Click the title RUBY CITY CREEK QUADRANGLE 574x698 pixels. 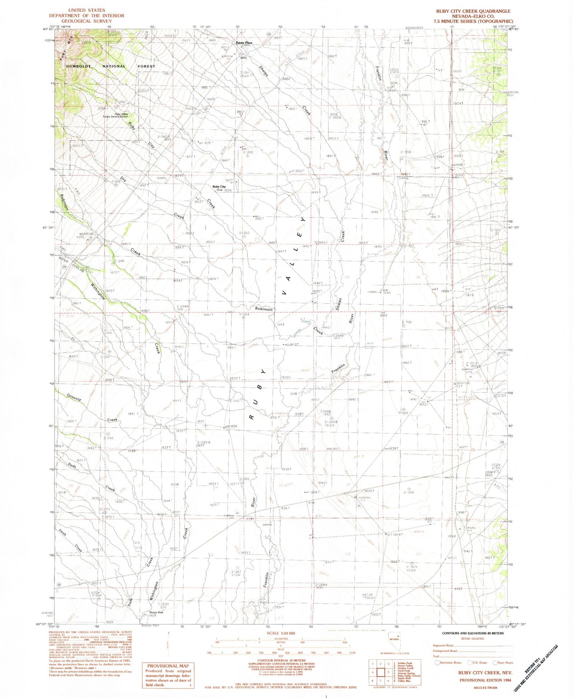[473, 11]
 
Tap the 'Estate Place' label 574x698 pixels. [244, 43]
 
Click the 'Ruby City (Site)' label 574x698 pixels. [219, 188]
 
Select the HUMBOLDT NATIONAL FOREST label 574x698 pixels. [111, 66]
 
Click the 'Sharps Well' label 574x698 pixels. [156, 612]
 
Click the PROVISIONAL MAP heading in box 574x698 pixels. [168, 666]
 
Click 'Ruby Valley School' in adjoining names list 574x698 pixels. [408, 676]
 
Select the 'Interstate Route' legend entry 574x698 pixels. [450, 662]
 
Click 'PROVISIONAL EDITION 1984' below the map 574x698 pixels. [486, 680]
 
